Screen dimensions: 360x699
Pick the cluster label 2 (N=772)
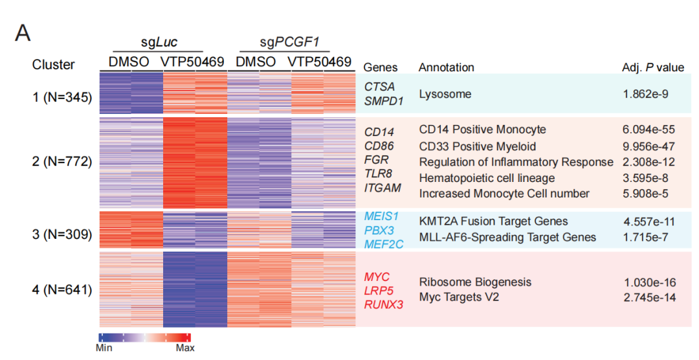[x=63, y=161]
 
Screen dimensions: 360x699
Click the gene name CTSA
[x=379, y=87]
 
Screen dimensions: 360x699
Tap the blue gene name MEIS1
[x=381, y=215]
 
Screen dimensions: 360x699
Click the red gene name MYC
[x=377, y=277]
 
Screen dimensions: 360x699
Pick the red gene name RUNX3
[x=383, y=303]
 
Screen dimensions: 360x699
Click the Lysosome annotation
[x=445, y=95]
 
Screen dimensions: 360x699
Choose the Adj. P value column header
[x=652, y=67]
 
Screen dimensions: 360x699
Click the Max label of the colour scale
[x=185, y=348]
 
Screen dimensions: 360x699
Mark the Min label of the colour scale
[x=104, y=348]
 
